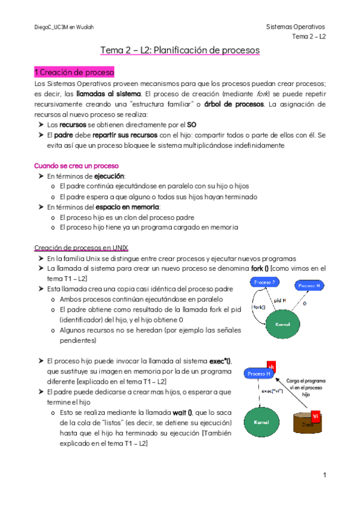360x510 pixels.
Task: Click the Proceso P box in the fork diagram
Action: pyautogui.click(x=265, y=283)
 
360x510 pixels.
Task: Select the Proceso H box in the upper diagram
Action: pyautogui.click(x=310, y=285)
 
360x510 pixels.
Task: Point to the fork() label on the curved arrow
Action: pyautogui.click(x=259, y=307)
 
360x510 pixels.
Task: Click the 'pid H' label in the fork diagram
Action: pyautogui.click(x=280, y=300)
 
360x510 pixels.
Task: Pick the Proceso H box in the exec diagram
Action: pyautogui.click(x=260, y=374)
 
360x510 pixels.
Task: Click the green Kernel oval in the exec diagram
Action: pyautogui.click(x=261, y=423)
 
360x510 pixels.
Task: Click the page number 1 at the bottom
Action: pyautogui.click(x=324, y=475)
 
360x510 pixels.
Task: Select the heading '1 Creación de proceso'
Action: pyautogui.click(x=74, y=72)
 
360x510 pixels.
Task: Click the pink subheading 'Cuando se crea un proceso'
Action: pyautogui.click(x=76, y=165)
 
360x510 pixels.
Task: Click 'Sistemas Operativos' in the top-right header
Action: pyautogui.click(x=294, y=27)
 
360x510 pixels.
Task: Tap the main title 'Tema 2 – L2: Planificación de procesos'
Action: pyautogui.click(x=180, y=51)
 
